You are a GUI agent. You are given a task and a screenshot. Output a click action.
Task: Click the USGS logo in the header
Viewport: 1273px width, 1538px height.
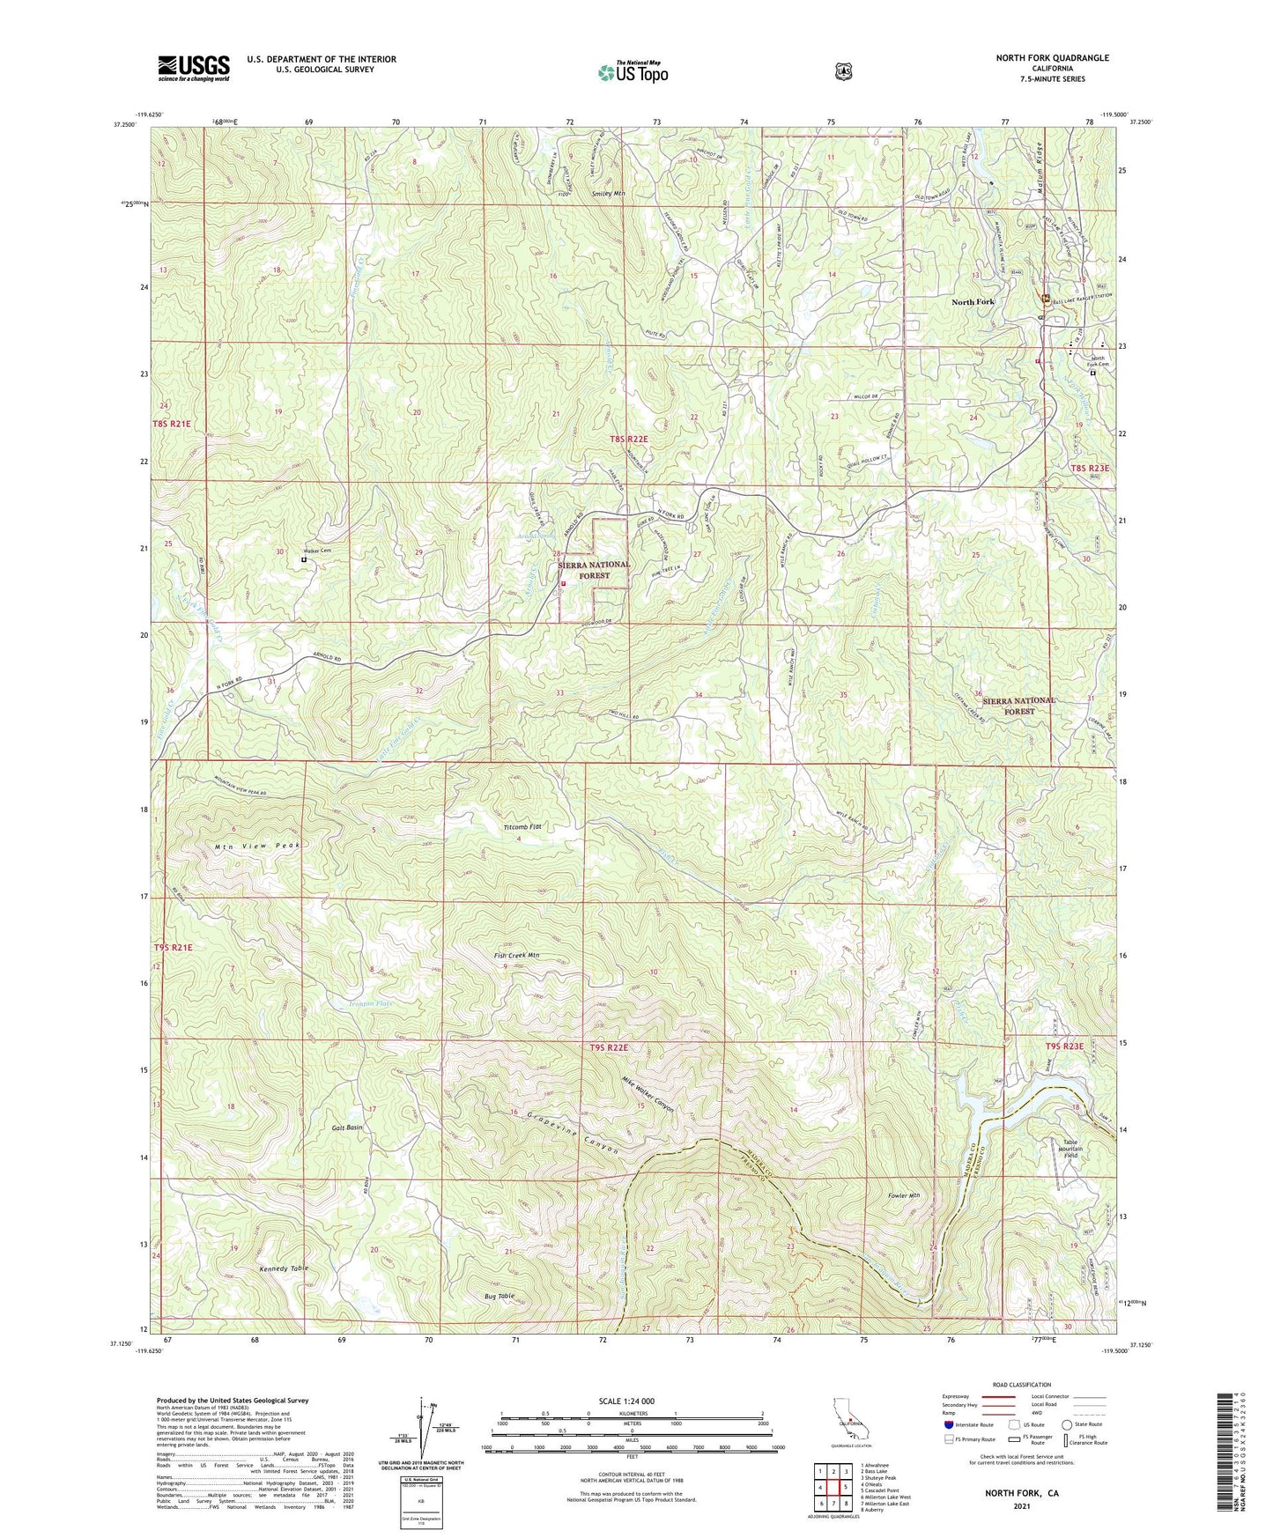tap(194, 68)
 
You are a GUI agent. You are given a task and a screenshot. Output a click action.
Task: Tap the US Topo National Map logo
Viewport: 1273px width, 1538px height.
tap(632, 71)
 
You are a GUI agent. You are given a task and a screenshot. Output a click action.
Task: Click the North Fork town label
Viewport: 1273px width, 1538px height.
tap(973, 302)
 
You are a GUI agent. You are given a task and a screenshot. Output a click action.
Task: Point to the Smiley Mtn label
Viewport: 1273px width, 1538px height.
tap(608, 193)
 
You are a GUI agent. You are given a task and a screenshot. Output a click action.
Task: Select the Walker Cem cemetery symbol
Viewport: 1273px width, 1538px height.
tap(304, 558)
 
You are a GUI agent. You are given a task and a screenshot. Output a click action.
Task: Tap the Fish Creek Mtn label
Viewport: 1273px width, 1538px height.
tap(516, 956)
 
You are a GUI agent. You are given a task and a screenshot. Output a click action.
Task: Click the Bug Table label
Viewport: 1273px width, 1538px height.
tap(499, 1296)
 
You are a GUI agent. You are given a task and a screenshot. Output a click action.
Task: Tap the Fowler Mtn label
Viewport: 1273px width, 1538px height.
tap(903, 1195)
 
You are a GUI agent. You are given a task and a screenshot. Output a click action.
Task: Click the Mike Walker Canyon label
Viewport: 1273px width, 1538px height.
tap(648, 1094)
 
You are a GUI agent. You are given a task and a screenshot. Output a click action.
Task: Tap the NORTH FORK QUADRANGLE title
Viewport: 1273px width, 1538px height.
tap(1052, 58)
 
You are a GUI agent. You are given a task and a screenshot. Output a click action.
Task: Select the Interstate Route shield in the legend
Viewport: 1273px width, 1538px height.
tap(948, 1448)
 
